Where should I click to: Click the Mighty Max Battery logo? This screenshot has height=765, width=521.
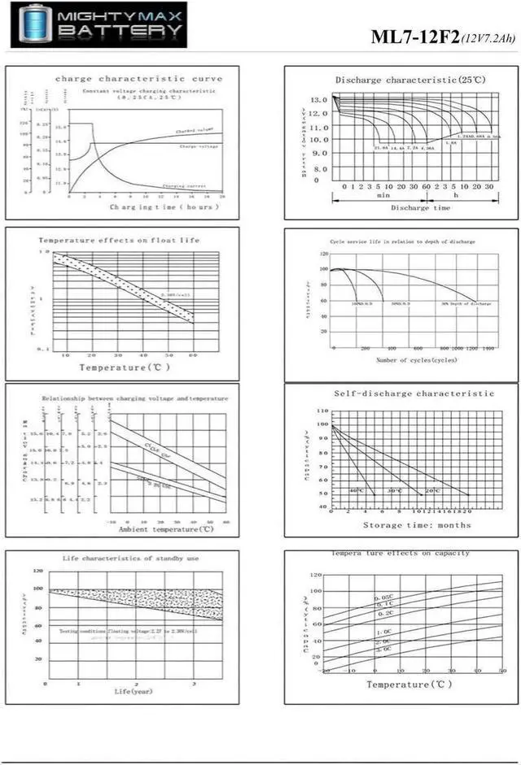click(99, 24)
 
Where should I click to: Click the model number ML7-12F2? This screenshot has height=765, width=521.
click(415, 37)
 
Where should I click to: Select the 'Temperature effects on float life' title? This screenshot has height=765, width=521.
click(119, 240)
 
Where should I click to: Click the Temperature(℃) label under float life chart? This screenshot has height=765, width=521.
click(124, 367)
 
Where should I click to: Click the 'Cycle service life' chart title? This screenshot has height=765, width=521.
click(402, 241)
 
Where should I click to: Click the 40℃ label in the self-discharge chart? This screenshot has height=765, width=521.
click(357, 491)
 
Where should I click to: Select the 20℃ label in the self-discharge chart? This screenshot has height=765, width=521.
click(432, 491)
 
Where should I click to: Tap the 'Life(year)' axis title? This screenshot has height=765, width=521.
click(134, 691)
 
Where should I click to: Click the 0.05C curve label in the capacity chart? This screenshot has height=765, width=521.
click(383, 598)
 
